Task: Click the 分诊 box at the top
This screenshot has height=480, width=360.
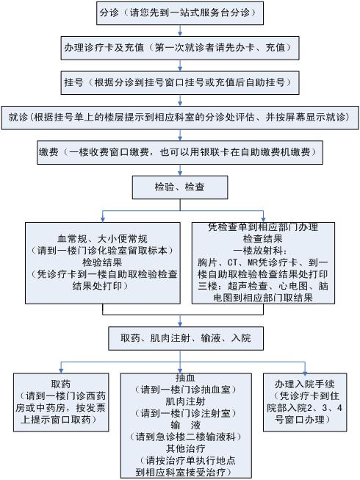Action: coord(180,13)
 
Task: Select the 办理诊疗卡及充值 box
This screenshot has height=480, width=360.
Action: coord(180,48)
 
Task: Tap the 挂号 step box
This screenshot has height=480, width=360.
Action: coord(180,82)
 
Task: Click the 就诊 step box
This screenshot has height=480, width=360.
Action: coord(180,118)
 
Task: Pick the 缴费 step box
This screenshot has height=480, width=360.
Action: coord(180,152)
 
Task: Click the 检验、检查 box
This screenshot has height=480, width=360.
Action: coord(180,187)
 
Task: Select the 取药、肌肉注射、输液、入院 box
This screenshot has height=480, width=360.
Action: coord(186,338)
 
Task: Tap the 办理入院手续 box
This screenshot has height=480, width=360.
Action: coord(305,402)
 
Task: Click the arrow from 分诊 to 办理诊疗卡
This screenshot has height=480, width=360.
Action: coord(180,31)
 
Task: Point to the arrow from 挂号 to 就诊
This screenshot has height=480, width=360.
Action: coord(180,100)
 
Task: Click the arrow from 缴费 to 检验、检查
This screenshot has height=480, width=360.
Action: coord(180,170)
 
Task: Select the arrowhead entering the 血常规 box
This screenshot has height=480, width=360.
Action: coord(103,220)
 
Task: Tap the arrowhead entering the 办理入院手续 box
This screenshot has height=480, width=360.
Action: coord(305,370)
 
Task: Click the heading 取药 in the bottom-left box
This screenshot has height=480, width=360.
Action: coord(61,384)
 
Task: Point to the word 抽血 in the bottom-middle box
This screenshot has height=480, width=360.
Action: coord(185,378)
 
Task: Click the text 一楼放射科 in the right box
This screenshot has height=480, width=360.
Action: coord(261,251)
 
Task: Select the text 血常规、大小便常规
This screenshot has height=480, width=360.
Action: coord(102,239)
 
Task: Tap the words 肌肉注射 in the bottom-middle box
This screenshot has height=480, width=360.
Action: coord(185,401)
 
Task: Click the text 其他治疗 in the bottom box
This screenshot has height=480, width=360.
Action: coord(185,449)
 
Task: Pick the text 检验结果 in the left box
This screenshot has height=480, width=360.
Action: coord(102,262)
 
